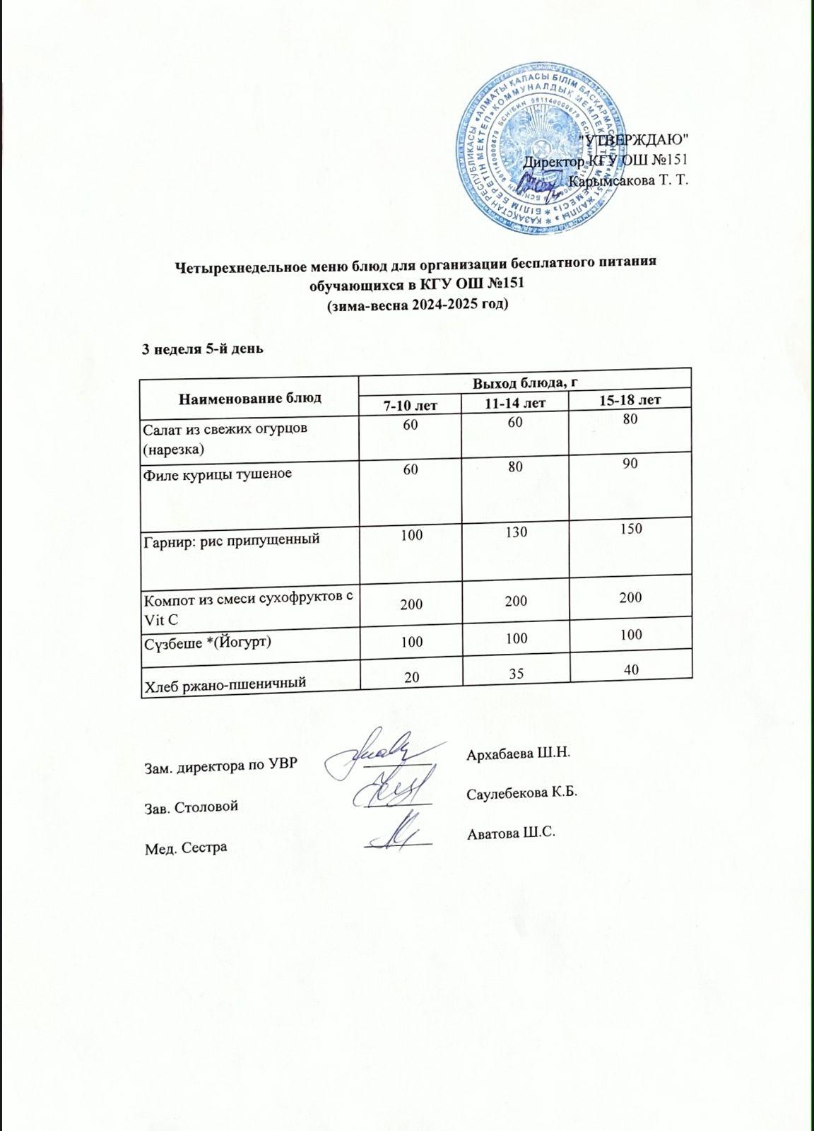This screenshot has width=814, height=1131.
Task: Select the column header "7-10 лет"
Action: tap(409, 405)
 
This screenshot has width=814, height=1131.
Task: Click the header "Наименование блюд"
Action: tap(249, 397)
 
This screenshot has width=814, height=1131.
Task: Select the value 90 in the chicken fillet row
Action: tap(631, 464)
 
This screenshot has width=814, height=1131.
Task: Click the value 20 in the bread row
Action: tap(410, 676)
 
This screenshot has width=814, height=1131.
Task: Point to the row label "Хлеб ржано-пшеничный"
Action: tap(225, 683)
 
